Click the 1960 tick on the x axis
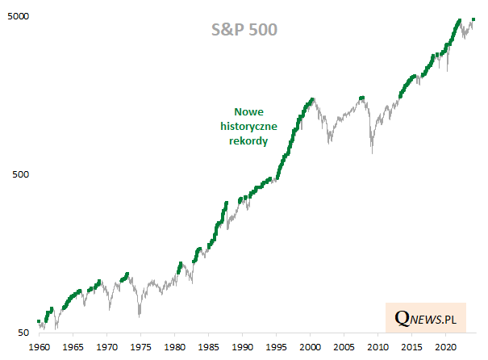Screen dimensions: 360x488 click(x=39, y=346)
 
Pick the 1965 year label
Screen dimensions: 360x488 click(x=73, y=346)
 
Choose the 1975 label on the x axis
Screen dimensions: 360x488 click(x=140, y=346)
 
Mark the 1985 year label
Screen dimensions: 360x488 click(x=208, y=346)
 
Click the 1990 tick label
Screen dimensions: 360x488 click(x=242, y=346)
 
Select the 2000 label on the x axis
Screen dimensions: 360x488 click(x=310, y=346)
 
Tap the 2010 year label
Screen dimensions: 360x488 click(x=377, y=346)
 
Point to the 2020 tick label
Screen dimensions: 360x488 click(x=445, y=346)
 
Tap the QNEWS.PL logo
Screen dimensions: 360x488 click(x=426, y=320)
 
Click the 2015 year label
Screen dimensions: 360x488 click(x=411, y=346)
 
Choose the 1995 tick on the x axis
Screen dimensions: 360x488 click(x=276, y=346)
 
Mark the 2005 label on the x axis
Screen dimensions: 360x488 click(x=344, y=346)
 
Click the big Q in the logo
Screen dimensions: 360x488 click(x=401, y=320)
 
